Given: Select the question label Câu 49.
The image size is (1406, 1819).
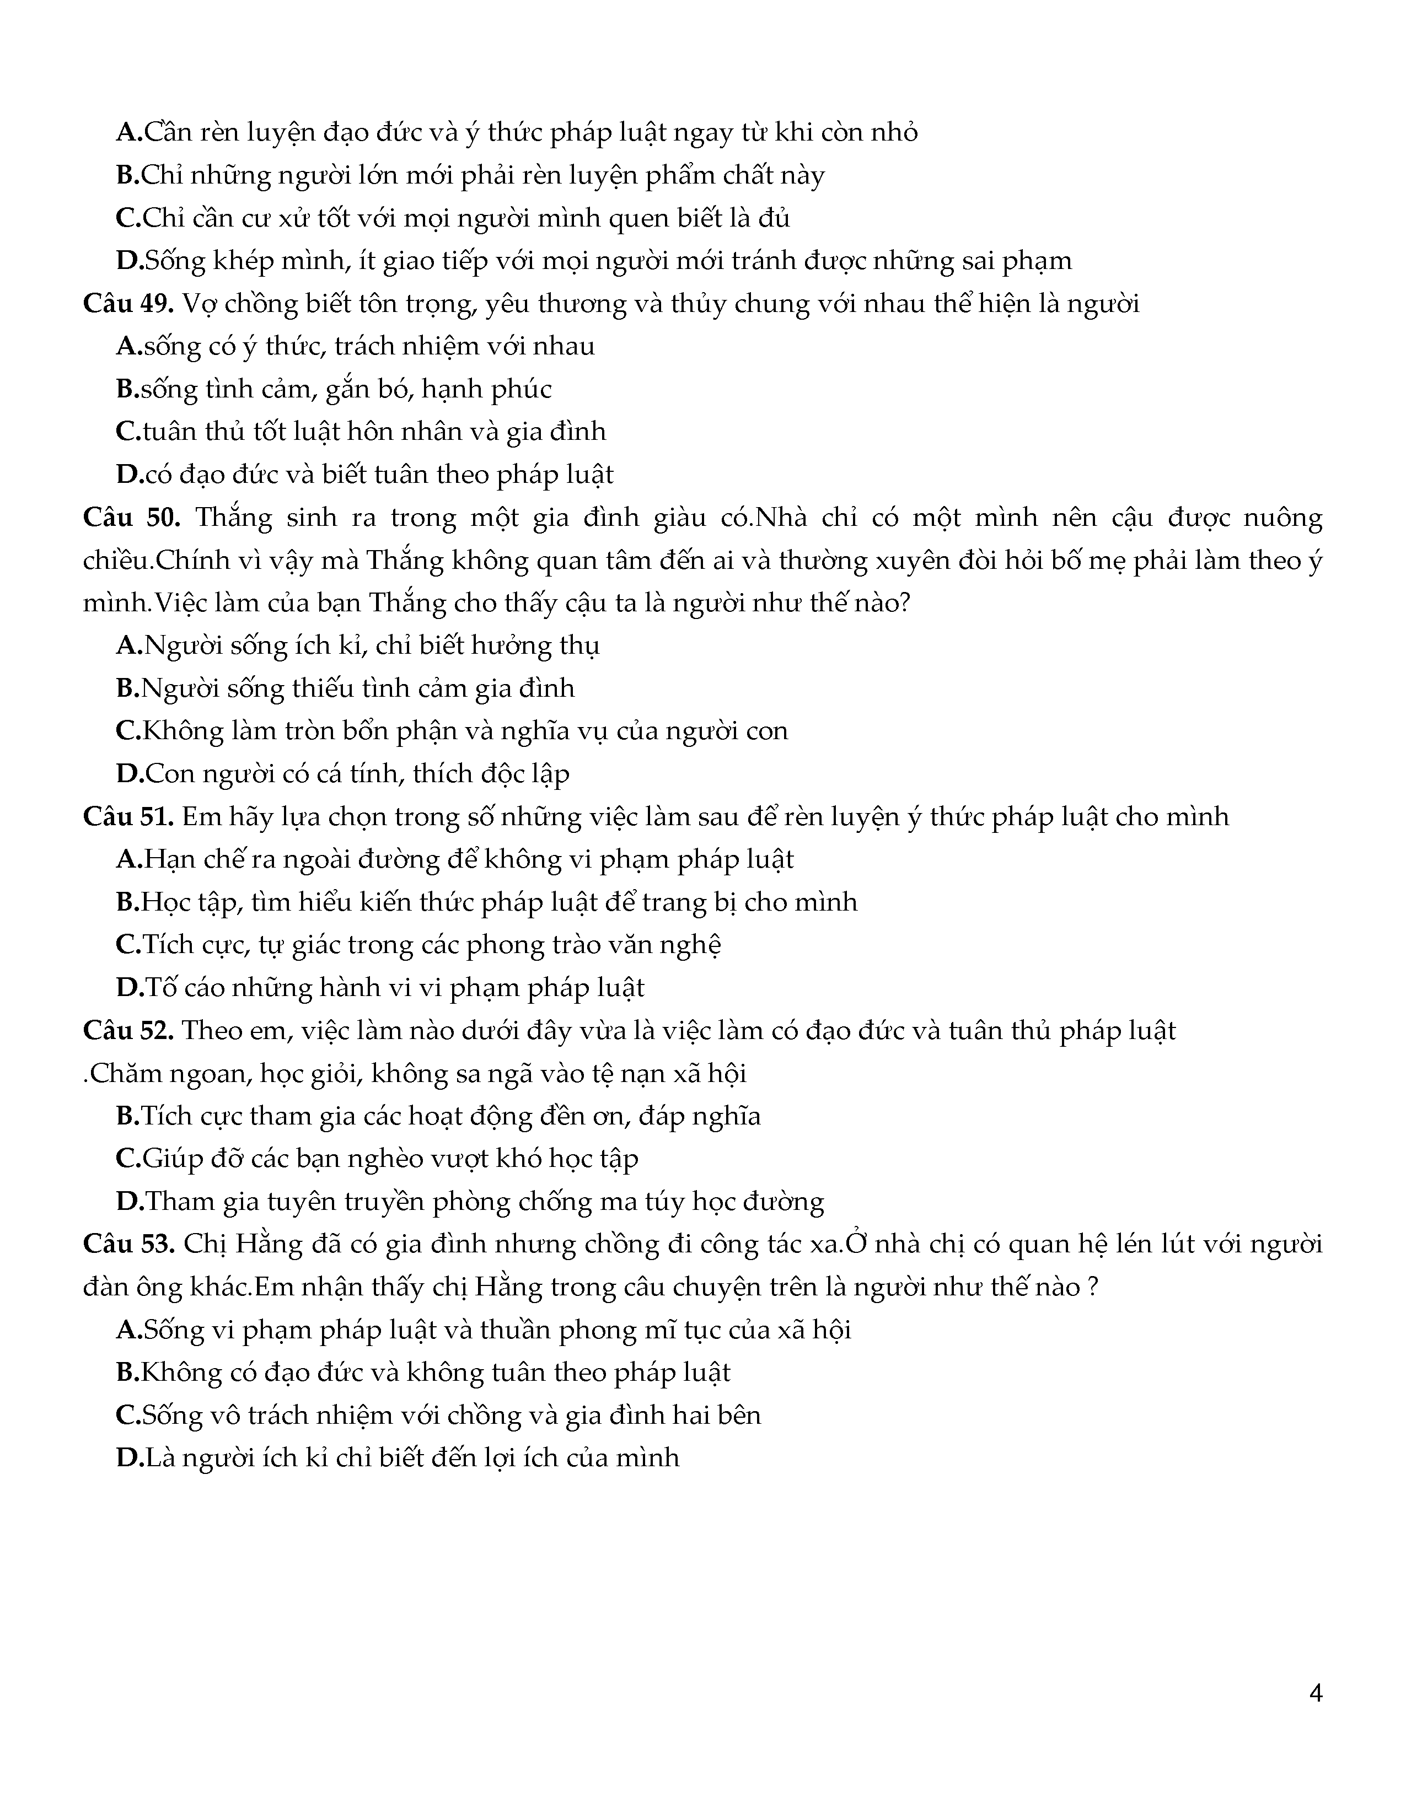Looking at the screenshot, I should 127,304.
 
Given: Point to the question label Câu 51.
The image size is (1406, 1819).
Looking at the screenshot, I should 127,817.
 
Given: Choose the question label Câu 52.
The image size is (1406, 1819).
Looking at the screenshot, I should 127,1031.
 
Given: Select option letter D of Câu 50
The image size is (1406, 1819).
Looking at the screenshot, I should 129,774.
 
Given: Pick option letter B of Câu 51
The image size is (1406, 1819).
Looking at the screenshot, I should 127,902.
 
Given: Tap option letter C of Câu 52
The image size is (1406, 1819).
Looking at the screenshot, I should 127,1159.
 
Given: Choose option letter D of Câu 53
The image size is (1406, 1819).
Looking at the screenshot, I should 129,1457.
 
